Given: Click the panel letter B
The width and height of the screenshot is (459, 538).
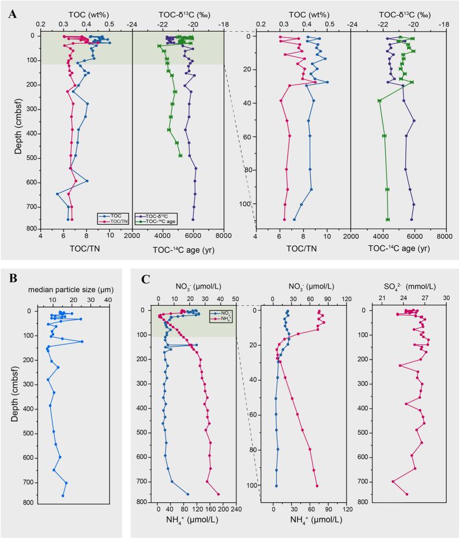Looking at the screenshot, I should click(12, 280).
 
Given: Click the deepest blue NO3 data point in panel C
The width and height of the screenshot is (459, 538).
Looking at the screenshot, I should click(187, 494).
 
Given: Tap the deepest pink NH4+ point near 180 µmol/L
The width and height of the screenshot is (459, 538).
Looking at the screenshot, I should click(218, 494).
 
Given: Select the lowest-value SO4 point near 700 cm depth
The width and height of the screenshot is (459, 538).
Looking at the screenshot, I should click(393, 482).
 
